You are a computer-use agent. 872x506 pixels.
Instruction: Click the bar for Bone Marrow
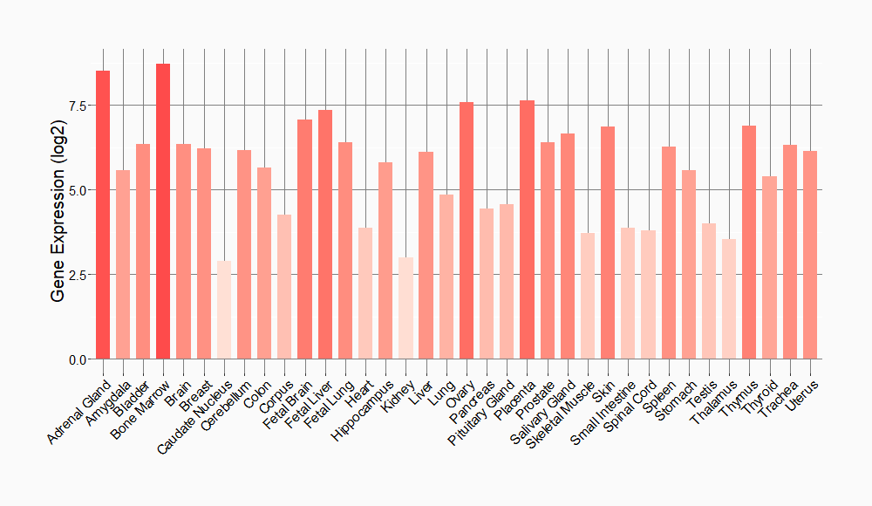pyautogui.click(x=163, y=211)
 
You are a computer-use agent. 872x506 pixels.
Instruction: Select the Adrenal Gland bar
pyautogui.click(x=103, y=215)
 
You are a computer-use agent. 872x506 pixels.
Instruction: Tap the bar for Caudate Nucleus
pyautogui.click(x=224, y=310)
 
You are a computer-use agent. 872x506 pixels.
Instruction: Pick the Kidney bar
pyautogui.click(x=405, y=308)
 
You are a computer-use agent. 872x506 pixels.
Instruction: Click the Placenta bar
pyautogui.click(x=527, y=229)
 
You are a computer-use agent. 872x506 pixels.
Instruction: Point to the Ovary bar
pyautogui.click(x=467, y=230)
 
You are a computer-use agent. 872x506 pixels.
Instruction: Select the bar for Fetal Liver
pyautogui.click(x=325, y=235)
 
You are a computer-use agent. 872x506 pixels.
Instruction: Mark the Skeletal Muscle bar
pyautogui.click(x=588, y=296)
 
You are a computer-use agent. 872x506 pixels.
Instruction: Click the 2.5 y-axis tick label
pyautogui.click(x=77, y=275)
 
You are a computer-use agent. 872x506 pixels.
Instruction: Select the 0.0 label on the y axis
pyautogui.click(x=77, y=359)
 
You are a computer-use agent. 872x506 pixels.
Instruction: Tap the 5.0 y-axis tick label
pyautogui.click(x=77, y=190)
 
